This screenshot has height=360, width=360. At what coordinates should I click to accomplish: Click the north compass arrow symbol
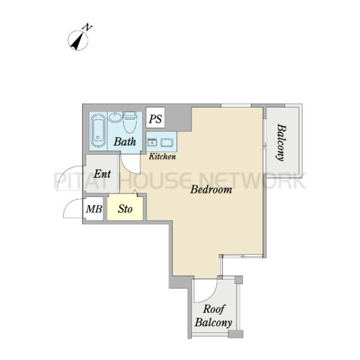pos(78,41)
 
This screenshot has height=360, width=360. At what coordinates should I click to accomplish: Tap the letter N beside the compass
pos(87,28)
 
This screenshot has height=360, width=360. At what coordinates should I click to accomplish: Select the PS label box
pos(155,118)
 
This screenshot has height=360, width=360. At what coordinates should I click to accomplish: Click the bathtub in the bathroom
pos(98,131)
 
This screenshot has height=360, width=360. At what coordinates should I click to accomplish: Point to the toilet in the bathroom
pos(130,122)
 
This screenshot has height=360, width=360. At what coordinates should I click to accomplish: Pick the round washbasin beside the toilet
pos(115,117)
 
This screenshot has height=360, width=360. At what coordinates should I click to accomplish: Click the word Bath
pos(125,142)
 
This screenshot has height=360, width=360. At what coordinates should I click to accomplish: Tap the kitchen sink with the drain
pos(152,143)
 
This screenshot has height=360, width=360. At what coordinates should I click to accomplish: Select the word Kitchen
pos(163,157)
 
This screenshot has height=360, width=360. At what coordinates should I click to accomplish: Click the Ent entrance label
pos(103,174)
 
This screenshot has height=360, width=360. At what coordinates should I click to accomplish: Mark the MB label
pos(94,209)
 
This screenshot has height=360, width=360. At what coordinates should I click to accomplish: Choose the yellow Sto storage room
pos(125,207)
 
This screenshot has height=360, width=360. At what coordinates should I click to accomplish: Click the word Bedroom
pos(211,190)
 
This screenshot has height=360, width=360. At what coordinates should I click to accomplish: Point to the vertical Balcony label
pos(281,143)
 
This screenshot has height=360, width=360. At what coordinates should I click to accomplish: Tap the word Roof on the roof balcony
pos(214,309)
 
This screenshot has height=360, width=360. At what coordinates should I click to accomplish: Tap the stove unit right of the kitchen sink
pos(167,143)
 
